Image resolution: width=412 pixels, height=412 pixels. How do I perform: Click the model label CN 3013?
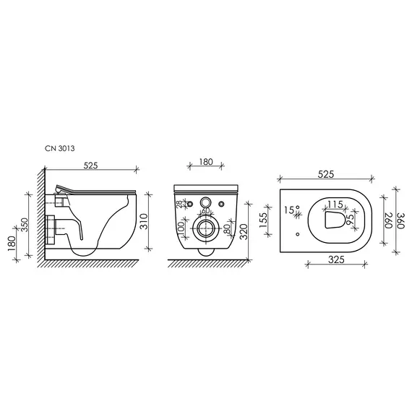pos(60,148)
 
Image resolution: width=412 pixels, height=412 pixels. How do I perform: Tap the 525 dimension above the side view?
pos(90,166)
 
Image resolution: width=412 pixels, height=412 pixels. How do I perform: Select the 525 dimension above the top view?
pos(325,174)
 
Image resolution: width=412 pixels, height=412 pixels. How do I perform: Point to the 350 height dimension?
pos(25,225)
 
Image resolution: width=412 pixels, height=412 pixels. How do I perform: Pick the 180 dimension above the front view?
pos(206,162)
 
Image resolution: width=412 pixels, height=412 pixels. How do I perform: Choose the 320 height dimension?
pos(244,232)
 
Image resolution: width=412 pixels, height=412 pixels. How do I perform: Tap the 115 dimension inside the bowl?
pos(335,204)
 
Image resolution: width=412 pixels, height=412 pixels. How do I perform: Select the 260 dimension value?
pos(389,220)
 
